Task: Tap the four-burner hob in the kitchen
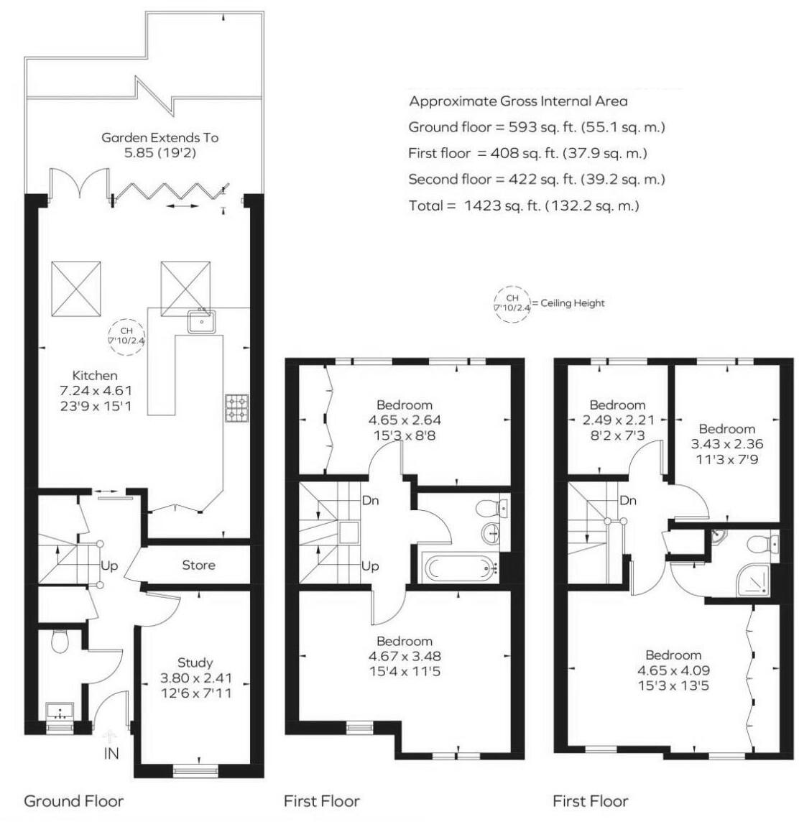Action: tap(236, 407)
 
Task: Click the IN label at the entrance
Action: tap(111, 754)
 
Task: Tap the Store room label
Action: tap(198, 565)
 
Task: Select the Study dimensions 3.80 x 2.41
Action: tap(196, 678)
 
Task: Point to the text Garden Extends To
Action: tap(160, 137)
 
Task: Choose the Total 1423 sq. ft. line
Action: tap(524, 205)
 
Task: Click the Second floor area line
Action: tap(536, 179)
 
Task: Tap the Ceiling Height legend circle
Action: tap(512, 303)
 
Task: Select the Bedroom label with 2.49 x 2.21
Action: tap(617, 405)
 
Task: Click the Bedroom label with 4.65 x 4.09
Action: tap(673, 655)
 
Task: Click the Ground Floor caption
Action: tap(74, 800)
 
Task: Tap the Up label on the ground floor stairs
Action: tap(109, 566)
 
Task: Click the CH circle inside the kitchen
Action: tap(126, 336)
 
